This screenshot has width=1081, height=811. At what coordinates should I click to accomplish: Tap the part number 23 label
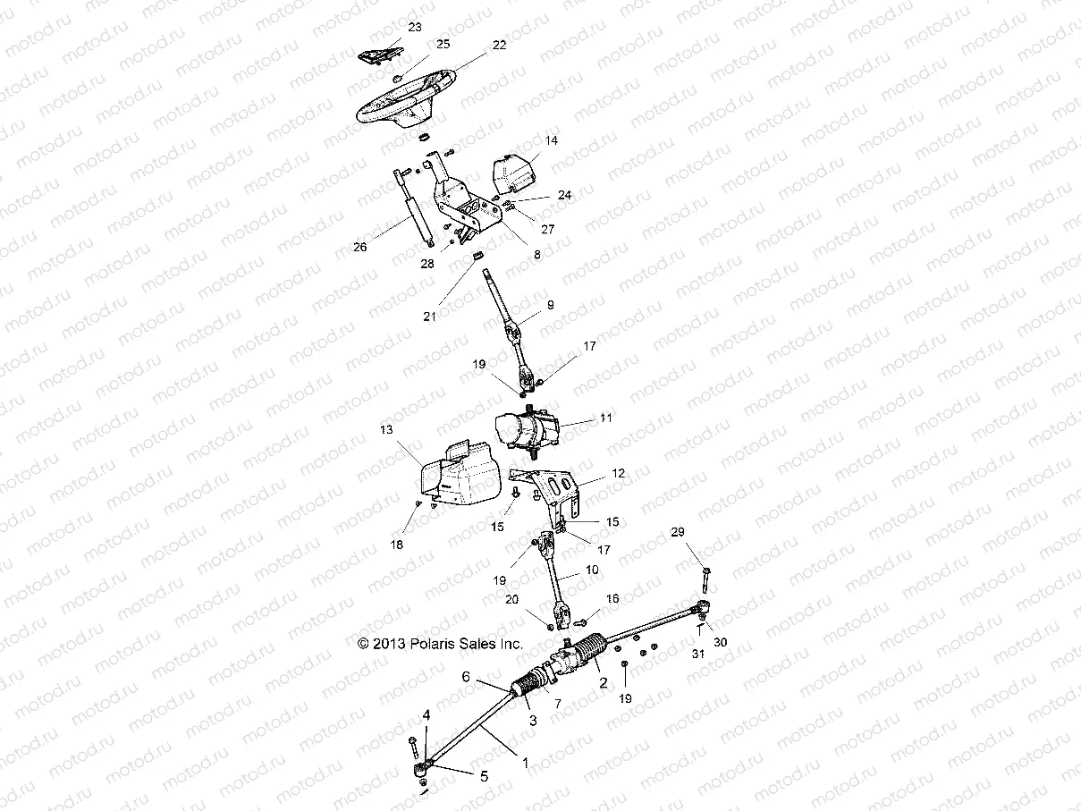point(414,28)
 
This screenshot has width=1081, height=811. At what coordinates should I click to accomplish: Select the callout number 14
point(551,140)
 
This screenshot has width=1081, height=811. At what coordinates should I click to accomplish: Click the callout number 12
point(619,472)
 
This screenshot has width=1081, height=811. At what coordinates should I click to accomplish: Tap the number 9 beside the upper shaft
point(551,305)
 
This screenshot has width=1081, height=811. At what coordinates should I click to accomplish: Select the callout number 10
point(592,570)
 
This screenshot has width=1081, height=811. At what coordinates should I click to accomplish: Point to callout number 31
point(698,654)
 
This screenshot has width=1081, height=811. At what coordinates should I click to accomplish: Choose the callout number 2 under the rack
point(604,682)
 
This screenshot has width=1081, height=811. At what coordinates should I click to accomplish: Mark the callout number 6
point(465,677)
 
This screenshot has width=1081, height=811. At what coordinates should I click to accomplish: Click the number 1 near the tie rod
point(525,763)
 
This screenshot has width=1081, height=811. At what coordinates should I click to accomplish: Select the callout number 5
point(485,776)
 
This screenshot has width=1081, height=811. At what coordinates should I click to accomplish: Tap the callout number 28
point(427,263)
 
